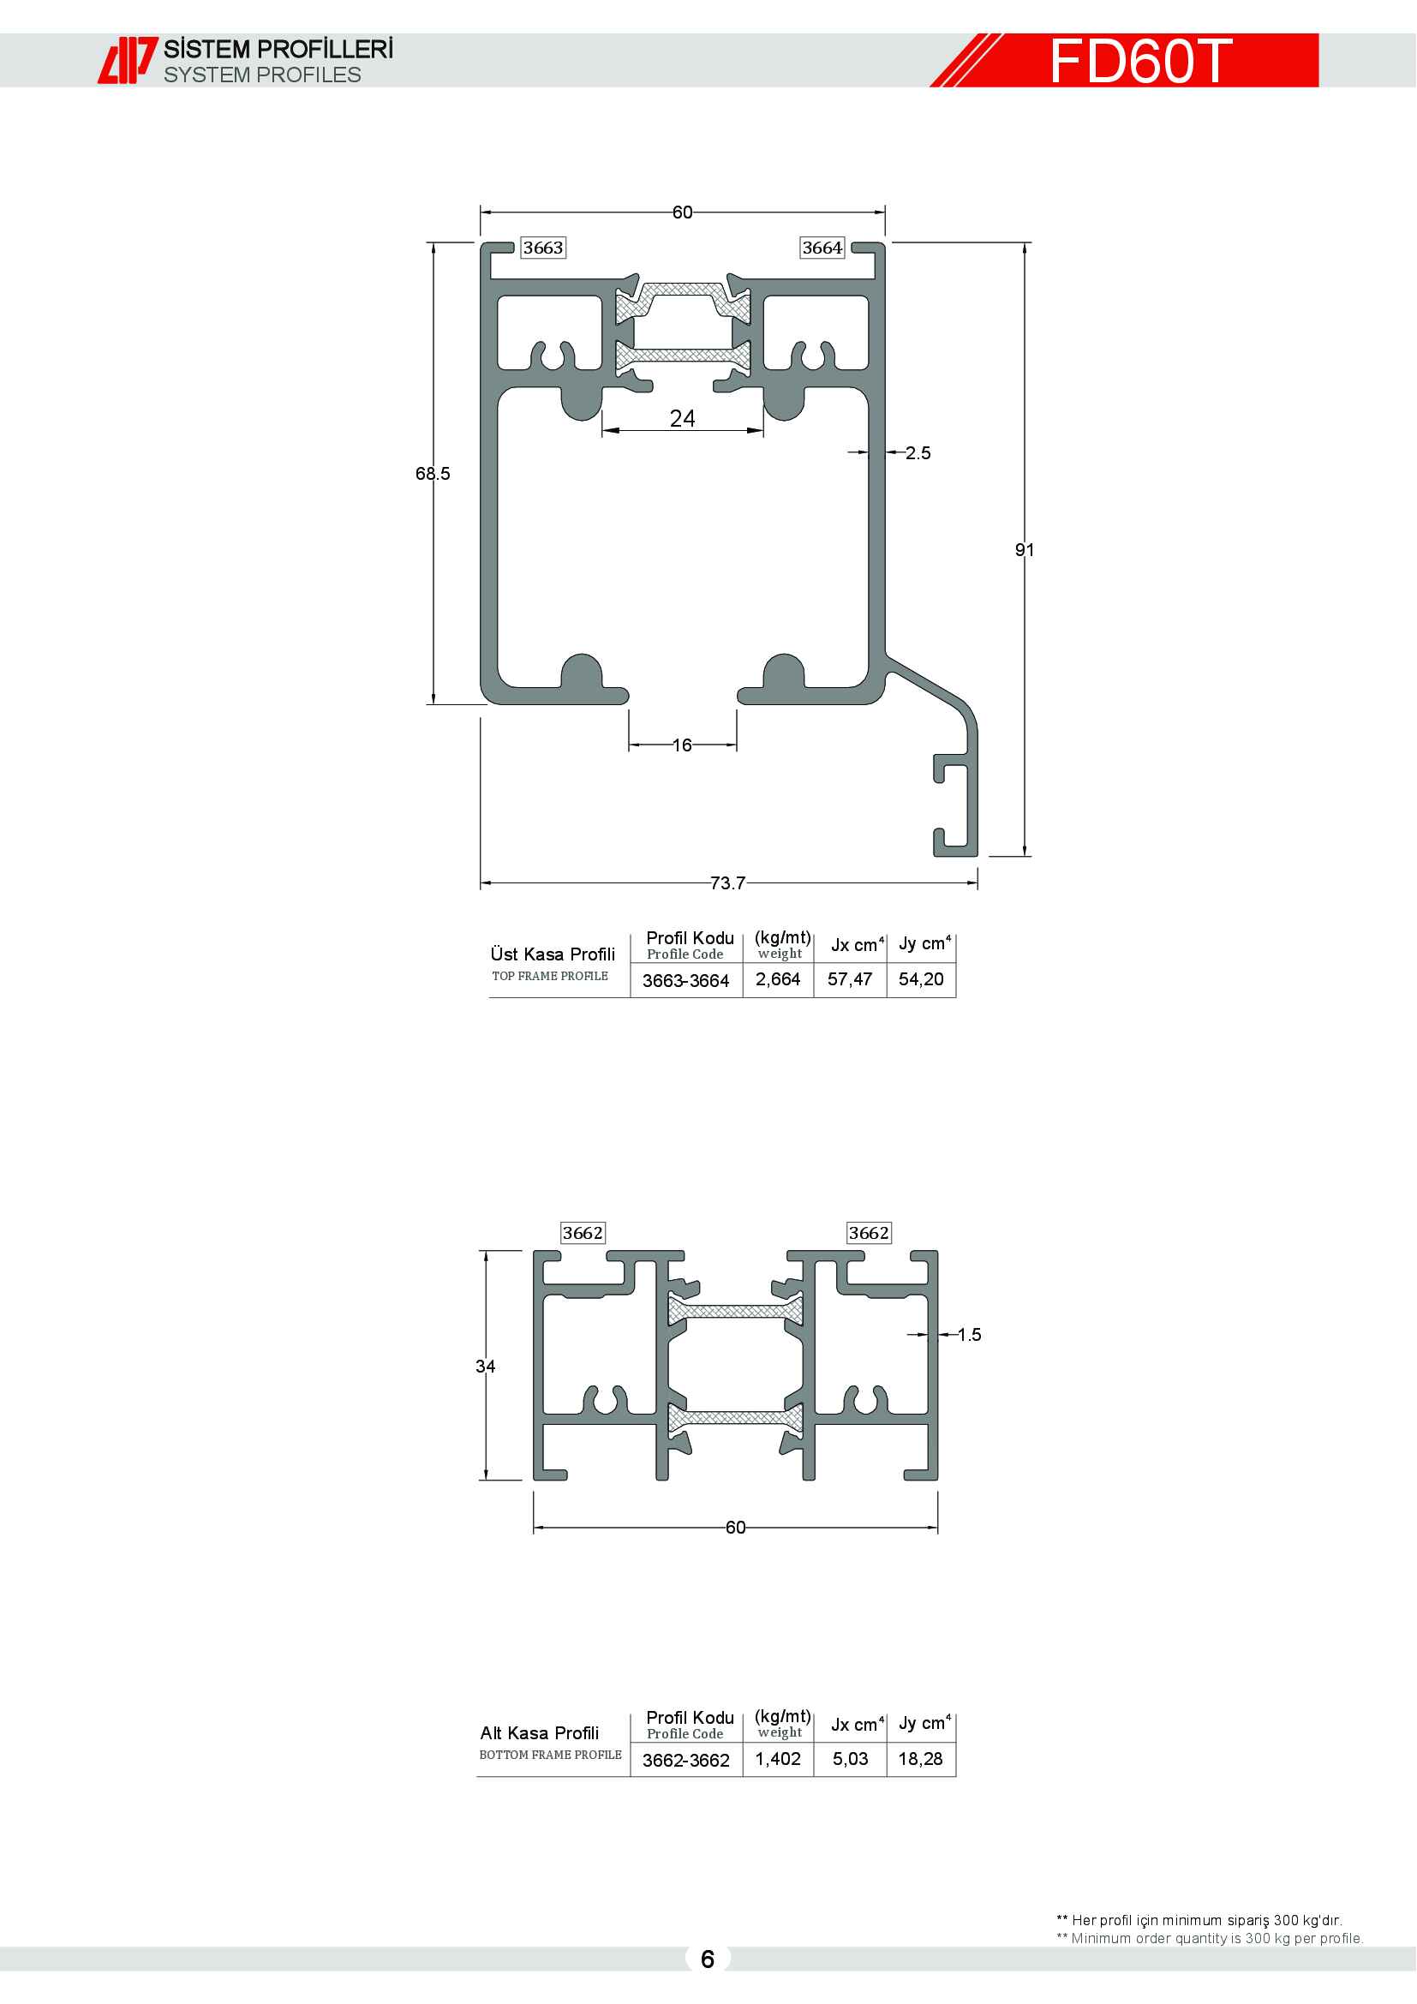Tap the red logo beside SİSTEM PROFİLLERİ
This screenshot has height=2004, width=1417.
click(128, 60)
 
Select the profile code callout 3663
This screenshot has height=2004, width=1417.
click(542, 248)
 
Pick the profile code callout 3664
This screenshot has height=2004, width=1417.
click(822, 248)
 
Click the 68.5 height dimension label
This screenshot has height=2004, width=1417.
click(433, 474)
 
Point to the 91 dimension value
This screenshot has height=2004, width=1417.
click(1025, 550)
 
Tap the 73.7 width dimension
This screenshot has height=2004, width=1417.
click(727, 883)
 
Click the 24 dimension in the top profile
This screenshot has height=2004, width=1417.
click(682, 419)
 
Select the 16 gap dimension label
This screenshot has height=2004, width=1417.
click(682, 745)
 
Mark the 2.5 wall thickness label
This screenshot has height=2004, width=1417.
click(918, 453)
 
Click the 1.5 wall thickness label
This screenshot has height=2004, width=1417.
click(970, 1335)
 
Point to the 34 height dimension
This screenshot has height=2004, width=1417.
click(485, 1366)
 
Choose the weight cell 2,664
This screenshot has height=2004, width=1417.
click(778, 979)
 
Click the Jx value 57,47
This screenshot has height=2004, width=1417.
click(850, 979)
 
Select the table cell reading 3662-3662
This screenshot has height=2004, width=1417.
click(686, 1761)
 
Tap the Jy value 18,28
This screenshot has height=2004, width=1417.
click(920, 1759)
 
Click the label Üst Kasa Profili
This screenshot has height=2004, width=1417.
click(553, 954)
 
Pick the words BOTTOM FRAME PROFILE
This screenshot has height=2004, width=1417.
click(551, 1755)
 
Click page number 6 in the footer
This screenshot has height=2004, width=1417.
click(708, 1959)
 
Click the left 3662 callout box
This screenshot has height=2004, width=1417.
click(583, 1233)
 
